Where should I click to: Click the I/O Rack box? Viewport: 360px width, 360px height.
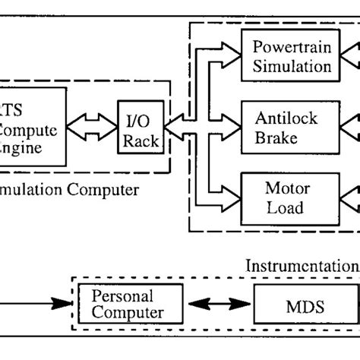pos(141,125)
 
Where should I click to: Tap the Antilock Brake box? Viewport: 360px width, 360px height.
pos(287,127)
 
